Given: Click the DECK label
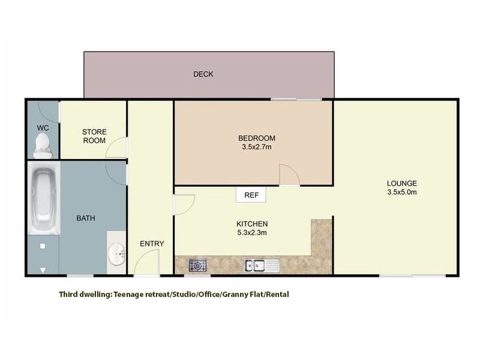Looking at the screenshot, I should [203, 74].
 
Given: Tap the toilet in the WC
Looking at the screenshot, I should [42, 143].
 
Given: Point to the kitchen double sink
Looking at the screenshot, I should [259, 265].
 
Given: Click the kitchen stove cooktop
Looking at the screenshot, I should [197, 265].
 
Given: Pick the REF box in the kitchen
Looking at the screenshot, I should [251, 194].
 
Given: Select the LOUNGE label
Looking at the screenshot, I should [402, 184].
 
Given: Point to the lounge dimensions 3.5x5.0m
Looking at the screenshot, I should [402, 192].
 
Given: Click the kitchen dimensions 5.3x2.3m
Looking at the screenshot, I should [252, 233].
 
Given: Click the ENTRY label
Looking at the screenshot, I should [152, 244].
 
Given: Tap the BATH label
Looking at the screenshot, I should [85, 218].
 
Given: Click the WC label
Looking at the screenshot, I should [43, 128].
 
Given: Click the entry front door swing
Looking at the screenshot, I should [146, 264].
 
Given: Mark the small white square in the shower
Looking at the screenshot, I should [42, 246].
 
